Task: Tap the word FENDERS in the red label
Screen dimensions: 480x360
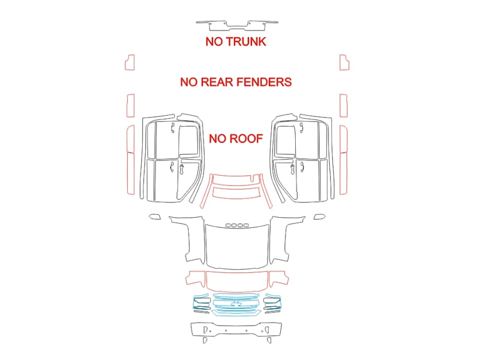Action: click(x=264, y=82)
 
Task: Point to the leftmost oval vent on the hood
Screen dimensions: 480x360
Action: click(x=229, y=226)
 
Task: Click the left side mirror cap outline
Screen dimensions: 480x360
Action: click(x=155, y=217)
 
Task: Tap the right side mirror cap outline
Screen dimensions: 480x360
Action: click(x=320, y=217)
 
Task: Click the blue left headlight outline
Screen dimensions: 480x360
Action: click(x=200, y=302)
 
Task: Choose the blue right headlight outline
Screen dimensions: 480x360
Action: click(x=272, y=302)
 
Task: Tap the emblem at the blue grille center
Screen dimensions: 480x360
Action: click(x=236, y=304)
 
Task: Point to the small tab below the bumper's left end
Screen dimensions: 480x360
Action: click(x=205, y=340)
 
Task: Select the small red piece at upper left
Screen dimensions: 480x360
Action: click(x=130, y=62)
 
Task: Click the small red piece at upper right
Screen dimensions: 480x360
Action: click(x=344, y=62)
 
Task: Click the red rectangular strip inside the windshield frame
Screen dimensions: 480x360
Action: click(x=236, y=193)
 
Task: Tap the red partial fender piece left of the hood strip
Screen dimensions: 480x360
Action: click(x=195, y=278)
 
